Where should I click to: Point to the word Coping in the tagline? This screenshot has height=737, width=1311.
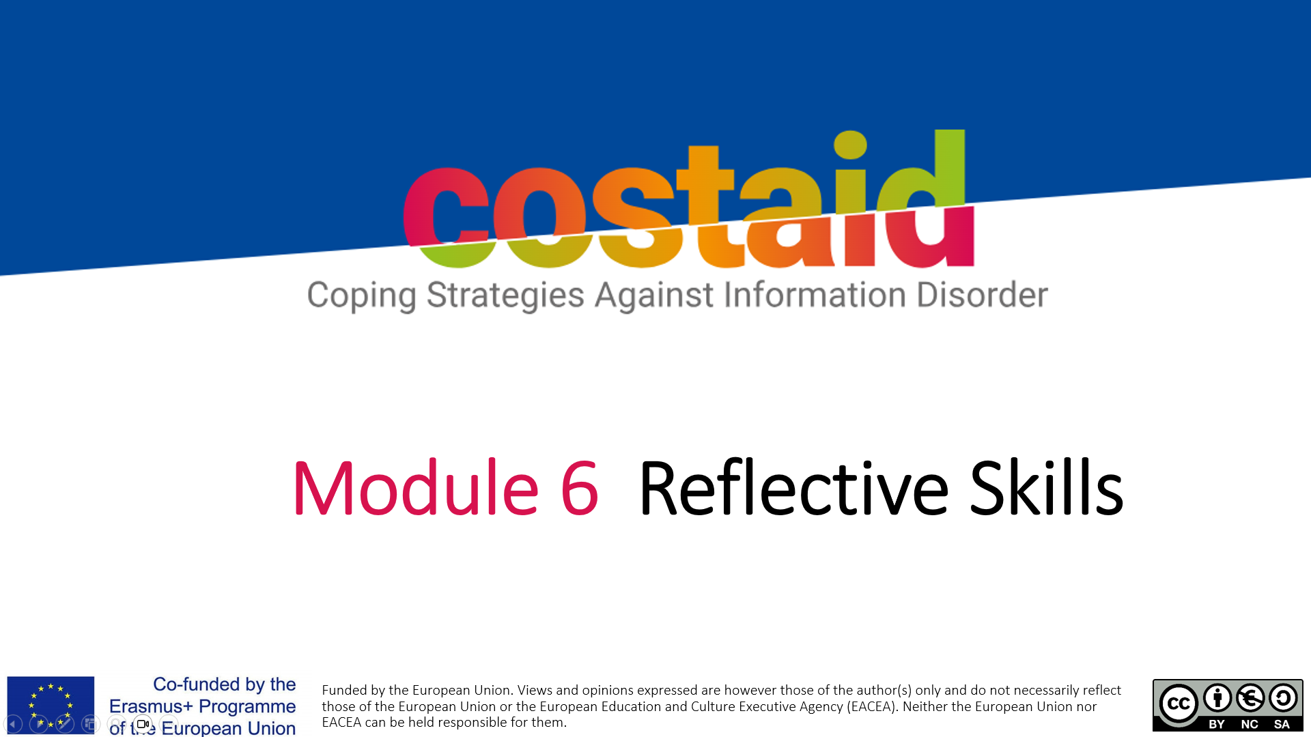point(361,296)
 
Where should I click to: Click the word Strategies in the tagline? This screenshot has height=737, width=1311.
point(505,296)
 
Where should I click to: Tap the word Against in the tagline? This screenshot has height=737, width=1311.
point(654,296)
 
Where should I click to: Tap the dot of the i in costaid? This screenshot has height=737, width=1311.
point(850,144)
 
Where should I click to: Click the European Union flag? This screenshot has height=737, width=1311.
point(51,705)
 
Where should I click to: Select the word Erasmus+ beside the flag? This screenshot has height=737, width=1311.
point(151,706)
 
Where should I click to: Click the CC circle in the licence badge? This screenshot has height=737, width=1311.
point(1179,704)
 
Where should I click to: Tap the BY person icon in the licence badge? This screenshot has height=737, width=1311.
point(1217,697)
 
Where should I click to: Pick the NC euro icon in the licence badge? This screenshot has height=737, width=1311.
point(1250,697)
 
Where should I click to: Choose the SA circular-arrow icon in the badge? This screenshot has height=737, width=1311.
point(1283,697)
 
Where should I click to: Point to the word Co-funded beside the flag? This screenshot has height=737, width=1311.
point(197,684)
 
